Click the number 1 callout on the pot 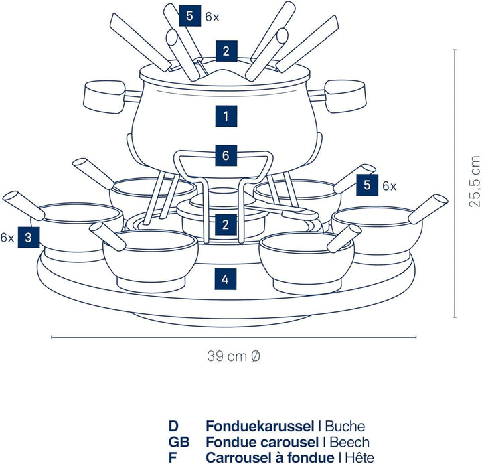(226, 116)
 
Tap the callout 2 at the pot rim (226, 50)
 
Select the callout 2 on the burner (226, 224)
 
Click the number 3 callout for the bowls (27, 236)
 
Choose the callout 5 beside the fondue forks (190, 16)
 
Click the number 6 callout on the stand (226, 156)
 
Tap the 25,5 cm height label (475, 181)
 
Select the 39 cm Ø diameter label (233, 356)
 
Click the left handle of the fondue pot (103, 94)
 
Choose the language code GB (179, 441)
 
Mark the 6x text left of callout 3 (7, 237)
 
